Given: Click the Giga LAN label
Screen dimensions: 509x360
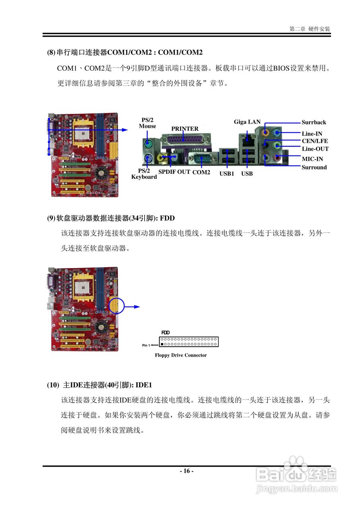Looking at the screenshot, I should [x=247, y=122].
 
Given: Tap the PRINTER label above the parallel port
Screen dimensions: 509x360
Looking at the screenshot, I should [x=185, y=129].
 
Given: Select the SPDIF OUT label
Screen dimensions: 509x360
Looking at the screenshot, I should [x=174, y=172].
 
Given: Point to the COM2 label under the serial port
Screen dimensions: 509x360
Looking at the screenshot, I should [x=201, y=172].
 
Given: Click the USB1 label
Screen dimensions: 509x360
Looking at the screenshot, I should [x=227, y=174].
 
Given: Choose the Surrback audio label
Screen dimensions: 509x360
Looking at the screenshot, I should [x=313, y=122].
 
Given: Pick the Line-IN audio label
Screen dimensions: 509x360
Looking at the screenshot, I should [x=312, y=134].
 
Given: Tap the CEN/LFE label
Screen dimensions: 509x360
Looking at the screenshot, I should [x=315, y=141].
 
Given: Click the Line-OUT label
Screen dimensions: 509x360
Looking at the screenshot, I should [x=315, y=149].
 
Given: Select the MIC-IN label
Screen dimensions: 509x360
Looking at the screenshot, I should [x=312, y=159].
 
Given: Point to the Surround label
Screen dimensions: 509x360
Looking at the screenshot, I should [x=314, y=167].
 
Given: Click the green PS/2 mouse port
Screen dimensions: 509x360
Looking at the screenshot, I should [x=148, y=143].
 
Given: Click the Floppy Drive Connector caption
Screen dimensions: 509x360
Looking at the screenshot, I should [x=181, y=355].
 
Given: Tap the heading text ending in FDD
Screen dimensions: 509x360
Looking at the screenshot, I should [x=111, y=218].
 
